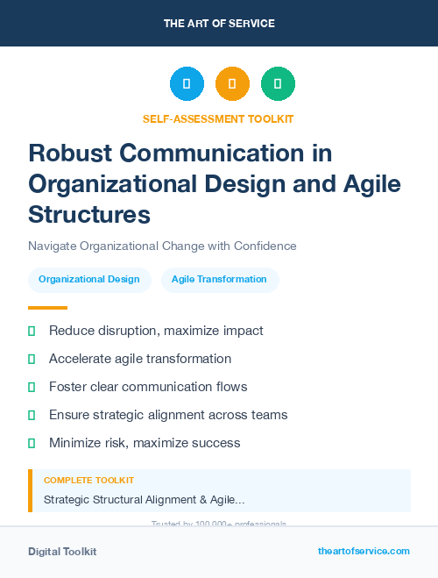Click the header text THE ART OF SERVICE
(219, 24)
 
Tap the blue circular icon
(187, 84)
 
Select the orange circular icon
(232, 84)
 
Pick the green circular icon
(278, 84)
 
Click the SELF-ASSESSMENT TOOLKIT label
(218, 119)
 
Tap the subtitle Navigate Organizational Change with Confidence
(162, 246)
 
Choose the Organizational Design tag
(89, 280)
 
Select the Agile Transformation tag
(219, 280)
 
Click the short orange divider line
(47, 308)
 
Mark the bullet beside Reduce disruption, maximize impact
(32, 331)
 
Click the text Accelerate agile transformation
(140, 359)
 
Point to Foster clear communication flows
(148, 387)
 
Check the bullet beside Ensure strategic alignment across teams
(32, 415)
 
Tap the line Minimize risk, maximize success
(145, 443)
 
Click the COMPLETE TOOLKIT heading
(88, 481)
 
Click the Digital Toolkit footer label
(62, 552)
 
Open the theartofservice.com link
(364, 551)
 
